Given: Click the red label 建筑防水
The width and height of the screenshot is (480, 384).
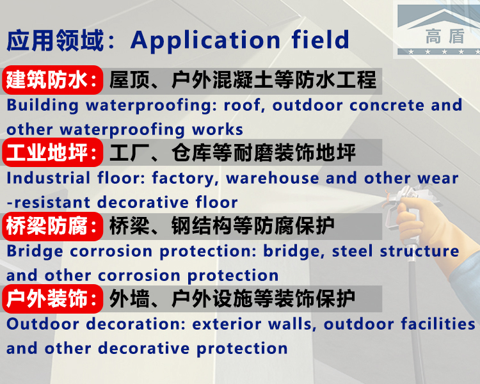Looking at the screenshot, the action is [52, 80].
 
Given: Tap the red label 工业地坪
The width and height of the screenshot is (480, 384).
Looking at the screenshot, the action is [52, 152].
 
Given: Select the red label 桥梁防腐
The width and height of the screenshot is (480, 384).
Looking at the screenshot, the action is [52, 226].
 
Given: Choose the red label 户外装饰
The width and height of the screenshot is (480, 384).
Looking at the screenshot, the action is [52, 299].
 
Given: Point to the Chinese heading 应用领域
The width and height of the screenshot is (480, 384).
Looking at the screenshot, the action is [55, 40].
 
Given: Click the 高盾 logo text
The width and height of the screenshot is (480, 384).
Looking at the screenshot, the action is [445, 36].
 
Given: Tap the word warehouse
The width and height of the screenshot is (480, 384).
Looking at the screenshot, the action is [273, 178].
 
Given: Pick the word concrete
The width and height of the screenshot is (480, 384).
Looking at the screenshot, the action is [387, 106].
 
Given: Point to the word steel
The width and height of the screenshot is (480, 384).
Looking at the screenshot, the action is [353, 251].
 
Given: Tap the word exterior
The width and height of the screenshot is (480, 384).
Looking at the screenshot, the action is [227, 324].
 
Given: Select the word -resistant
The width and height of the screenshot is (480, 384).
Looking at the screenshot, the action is [49, 202].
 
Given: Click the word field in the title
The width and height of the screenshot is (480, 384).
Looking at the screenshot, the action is [320, 40].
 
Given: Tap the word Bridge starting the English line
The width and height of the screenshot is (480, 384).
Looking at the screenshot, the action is [35, 252].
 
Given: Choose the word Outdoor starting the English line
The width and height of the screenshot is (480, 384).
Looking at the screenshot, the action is [42, 324].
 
